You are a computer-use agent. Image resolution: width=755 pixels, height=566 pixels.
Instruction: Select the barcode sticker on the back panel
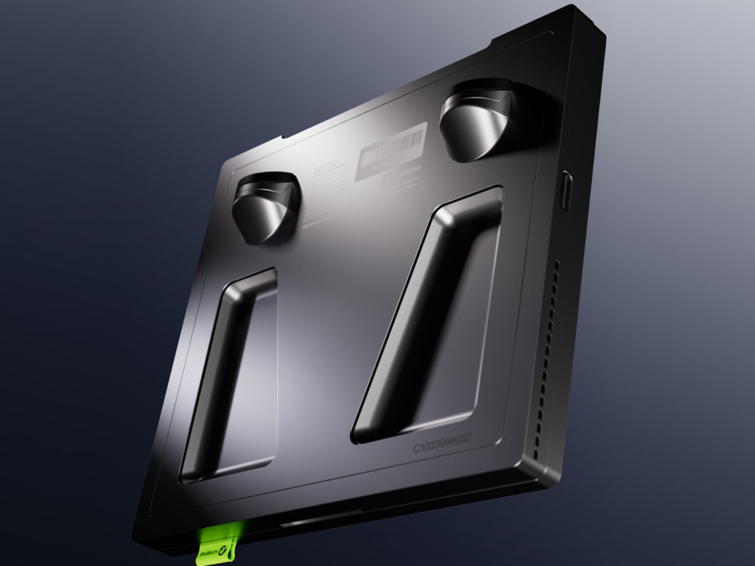tap(392, 147)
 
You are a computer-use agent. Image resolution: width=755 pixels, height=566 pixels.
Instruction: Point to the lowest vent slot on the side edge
tap(534, 455)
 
